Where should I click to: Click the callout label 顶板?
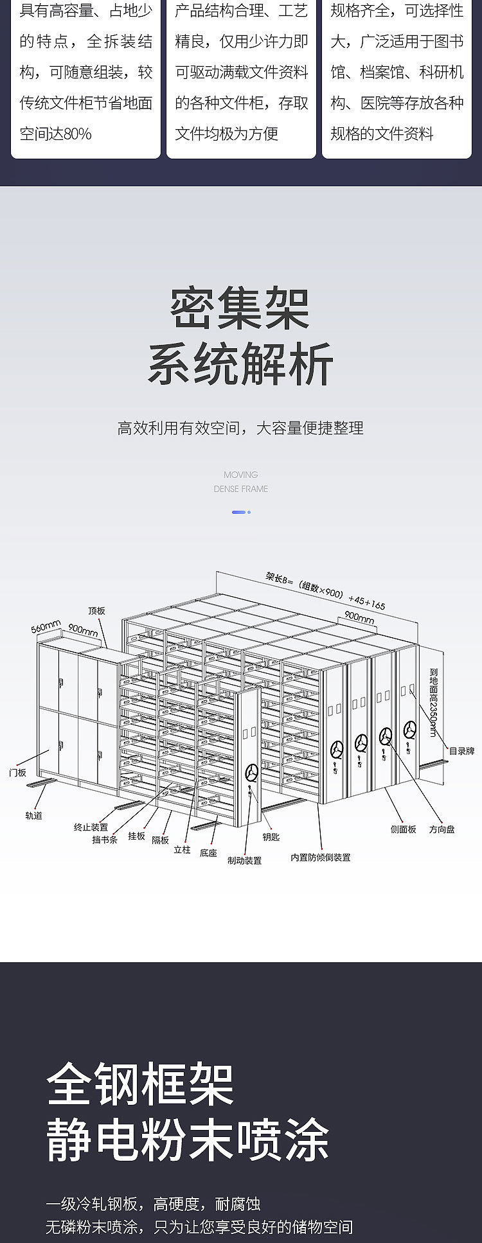click(96, 610)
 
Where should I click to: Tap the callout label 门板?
click(17, 773)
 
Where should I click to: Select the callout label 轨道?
click(33, 815)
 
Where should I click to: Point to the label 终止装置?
click(91, 827)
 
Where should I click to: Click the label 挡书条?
click(105, 840)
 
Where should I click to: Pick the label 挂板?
click(136, 836)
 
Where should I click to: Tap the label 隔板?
click(160, 840)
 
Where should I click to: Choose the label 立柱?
click(182, 849)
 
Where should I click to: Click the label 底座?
click(208, 853)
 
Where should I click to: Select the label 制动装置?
click(244, 860)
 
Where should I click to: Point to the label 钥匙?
click(271, 836)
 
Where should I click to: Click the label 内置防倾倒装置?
click(320, 857)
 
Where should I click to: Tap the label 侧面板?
click(404, 829)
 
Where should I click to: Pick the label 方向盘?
click(442, 829)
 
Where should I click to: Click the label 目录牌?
click(461, 751)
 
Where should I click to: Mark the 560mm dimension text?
click(46, 626)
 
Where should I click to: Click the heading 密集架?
click(240, 309)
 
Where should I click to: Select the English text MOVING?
click(240, 475)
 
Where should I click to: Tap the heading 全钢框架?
click(140, 1084)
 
